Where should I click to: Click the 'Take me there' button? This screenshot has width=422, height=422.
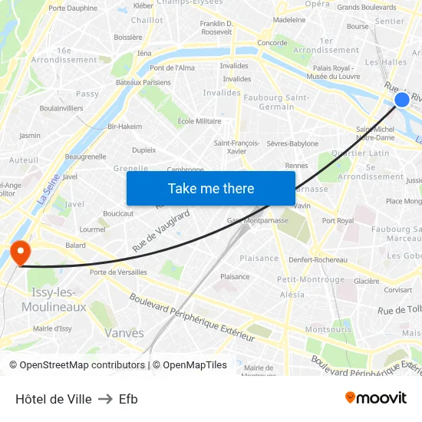click(211, 188)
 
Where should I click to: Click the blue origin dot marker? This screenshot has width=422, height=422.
click(402, 99)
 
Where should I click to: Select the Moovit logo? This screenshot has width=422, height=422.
click(375, 397)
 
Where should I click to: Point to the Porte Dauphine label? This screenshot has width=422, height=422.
click(73, 8)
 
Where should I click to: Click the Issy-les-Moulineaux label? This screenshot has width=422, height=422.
click(54, 299)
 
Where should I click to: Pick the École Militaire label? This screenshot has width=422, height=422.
click(199, 121)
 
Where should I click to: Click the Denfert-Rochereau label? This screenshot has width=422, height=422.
click(318, 259)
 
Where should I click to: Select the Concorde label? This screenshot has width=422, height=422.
click(272, 43)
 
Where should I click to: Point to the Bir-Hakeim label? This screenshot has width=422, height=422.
click(125, 127)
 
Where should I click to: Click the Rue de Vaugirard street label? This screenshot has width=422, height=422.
click(161, 230)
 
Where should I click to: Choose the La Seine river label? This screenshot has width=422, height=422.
click(48, 189)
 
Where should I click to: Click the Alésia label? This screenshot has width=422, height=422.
click(292, 295)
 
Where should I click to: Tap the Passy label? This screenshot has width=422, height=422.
click(87, 94)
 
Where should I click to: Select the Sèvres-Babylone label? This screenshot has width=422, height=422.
click(292, 143)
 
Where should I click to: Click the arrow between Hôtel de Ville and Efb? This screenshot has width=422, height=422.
click(105, 399)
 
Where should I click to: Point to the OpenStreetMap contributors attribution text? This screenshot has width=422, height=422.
click(82, 365)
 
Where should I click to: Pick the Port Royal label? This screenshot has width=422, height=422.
click(338, 221)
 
